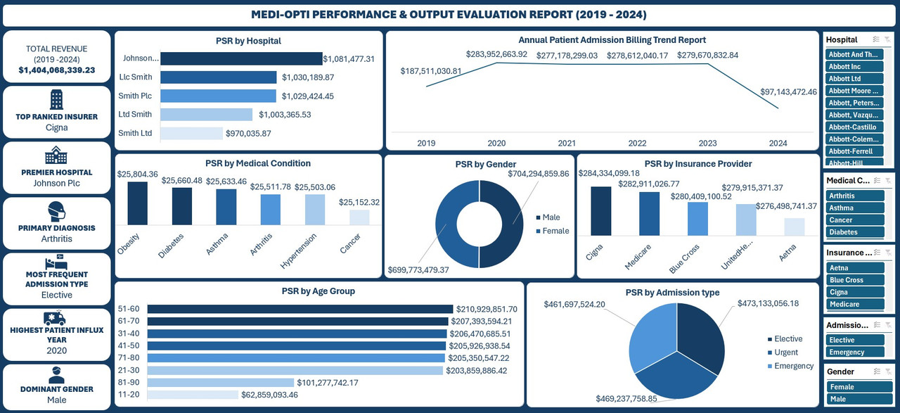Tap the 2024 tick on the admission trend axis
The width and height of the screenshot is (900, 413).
pyautogui.click(x=778, y=143)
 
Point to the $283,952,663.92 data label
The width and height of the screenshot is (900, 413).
pyautogui.click(x=496, y=54)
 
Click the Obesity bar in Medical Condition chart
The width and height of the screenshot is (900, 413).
pyautogui.click(x=137, y=203)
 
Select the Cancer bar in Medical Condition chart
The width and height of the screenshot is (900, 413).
pyautogui.click(x=359, y=217)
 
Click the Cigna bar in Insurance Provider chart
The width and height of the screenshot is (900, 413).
pyautogui.click(x=600, y=211)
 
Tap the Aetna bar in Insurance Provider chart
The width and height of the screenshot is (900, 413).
pyautogui.click(x=794, y=227)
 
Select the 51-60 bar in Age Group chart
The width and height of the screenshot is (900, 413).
pyautogui.click(x=300, y=309)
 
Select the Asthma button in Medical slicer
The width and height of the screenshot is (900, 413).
pyautogui.click(x=854, y=208)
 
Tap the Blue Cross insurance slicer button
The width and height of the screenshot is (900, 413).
pyautogui.click(x=854, y=280)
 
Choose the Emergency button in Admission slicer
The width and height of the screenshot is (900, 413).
pyautogui.click(x=854, y=352)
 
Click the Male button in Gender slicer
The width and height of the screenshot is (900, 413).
pyautogui.click(x=854, y=399)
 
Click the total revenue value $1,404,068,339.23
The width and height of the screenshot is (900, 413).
pyautogui.click(x=57, y=70)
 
